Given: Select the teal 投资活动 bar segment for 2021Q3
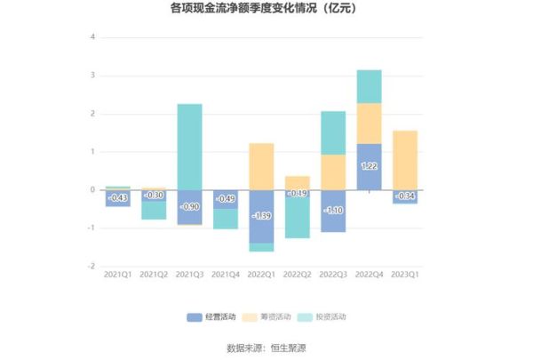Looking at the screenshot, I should tap(189, 147).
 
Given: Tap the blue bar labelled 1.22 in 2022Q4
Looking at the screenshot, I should tap(369, 166).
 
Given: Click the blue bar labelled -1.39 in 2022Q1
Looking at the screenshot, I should tap(261, 216).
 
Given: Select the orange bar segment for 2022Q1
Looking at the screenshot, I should tap(261, 166).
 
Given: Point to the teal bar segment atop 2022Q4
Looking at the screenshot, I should tap(369, 86).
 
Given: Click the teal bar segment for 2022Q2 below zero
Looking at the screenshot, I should tap(298, 218).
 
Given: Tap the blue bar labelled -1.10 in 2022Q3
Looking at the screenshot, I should tap(333, 211).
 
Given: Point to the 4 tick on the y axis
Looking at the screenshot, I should tap(92, 37).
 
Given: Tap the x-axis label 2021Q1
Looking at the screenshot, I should tap(117, 276).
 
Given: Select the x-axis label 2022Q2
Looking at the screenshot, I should tap(298, 276).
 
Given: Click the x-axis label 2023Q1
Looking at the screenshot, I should tap(405, 276).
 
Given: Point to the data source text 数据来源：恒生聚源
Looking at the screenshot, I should tap(266, 348).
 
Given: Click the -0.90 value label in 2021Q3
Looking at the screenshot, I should tap(189, 207).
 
